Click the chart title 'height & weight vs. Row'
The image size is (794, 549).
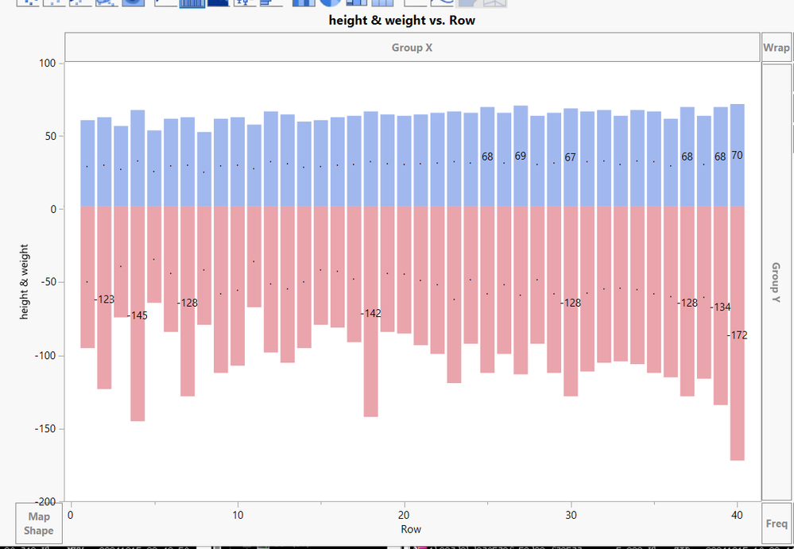pyautogui.click(x=402, y=20)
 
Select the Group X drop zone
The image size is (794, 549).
pyautogui.click(x=412, y=48)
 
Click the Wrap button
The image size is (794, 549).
pyautogui.click(x=777, y=48)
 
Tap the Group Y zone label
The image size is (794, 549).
pyautogui.click(x=777, y=282)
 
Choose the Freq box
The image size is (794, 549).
pyautogui.click(x=777, y=524)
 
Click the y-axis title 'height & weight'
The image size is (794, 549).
pyautogui.click(x=25, y=282)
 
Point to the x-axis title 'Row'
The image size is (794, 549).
pyautogui.click(x=411, y=529)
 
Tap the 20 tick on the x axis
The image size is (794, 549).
pyautogui.click(x=405, y=515)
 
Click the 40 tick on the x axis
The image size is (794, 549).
pyautogui.click(x=738, y=515)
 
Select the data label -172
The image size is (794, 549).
pyautogui.click(x=738, y=335)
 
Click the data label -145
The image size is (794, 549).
pyautogui.click(x=138, y=315)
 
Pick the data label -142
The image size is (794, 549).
pyautogui.click(x=372, y=314)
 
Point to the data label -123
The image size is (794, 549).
pyautogui.click(x=105, y=300)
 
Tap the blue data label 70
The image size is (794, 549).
pyautogui.click(x=737, y=156)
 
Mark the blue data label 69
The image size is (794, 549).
pyautogui.click(x=521, y=157)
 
